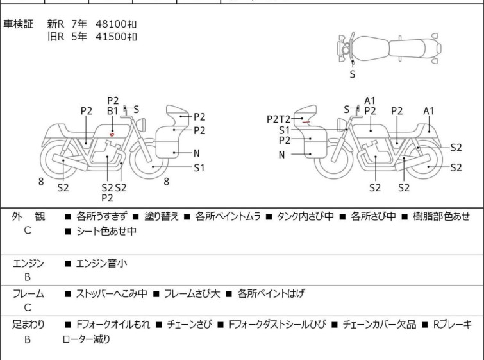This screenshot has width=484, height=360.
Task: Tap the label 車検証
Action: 18,24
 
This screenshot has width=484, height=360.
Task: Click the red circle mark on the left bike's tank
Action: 112,134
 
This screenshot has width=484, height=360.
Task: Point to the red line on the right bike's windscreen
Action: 306,122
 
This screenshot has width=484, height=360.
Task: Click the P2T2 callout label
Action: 278,119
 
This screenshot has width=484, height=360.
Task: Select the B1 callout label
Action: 113,111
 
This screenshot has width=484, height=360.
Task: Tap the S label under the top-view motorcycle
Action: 353,74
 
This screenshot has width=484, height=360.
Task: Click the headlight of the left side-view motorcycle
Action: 142,125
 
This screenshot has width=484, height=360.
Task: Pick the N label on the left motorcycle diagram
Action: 197,153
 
